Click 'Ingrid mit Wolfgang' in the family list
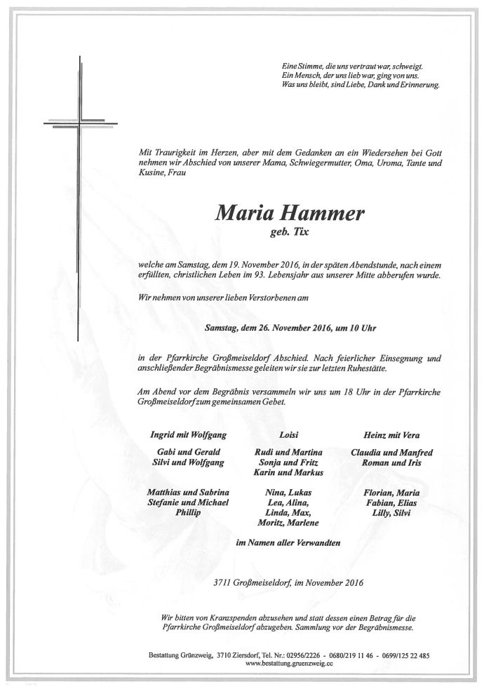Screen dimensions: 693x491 coord(180,436)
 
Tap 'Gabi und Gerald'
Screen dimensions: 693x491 coord(180,453)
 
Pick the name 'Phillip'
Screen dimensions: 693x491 coord(180,514)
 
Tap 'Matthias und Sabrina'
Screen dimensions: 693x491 coord(180,493)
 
